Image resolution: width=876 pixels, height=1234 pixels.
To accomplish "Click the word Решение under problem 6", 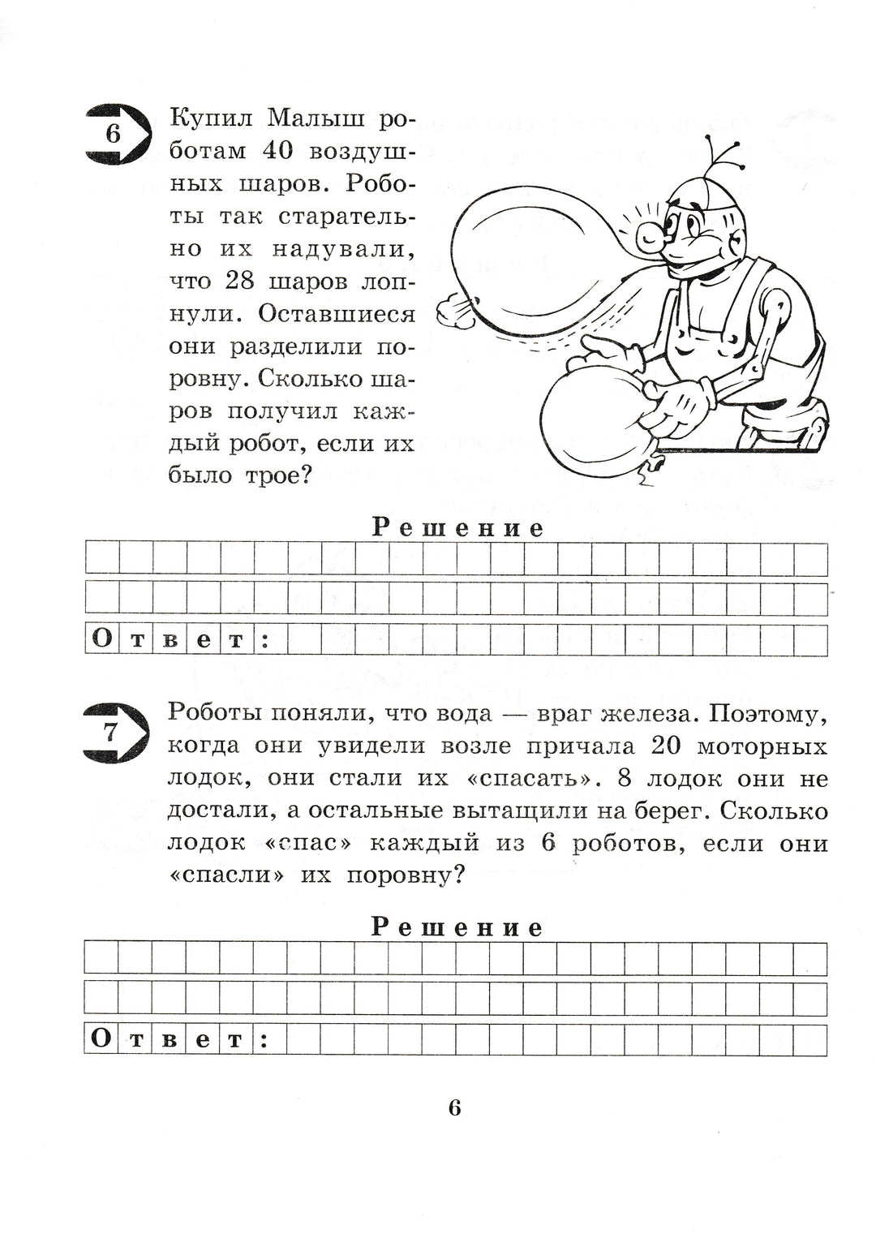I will (458, 528).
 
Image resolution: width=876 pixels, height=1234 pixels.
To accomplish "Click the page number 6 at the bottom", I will (455, 1107).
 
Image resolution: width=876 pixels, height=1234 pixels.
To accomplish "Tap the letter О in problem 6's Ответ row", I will (102, 639).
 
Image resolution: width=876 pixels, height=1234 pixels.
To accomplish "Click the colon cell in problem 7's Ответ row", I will (264, 1039).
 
